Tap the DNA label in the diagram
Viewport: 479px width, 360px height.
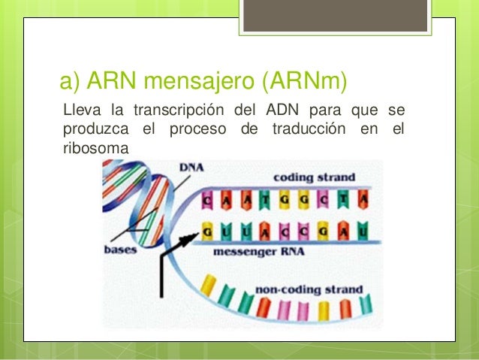pos(193,170)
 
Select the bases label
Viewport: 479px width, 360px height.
pos(120,249)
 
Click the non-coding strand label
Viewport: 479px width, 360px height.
pos(309,289)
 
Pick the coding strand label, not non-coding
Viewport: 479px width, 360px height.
pos(307,178)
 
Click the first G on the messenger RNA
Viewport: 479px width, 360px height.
pos(208,232)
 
